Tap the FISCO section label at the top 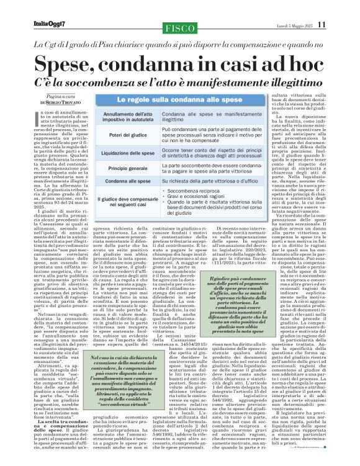click(179, 28)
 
